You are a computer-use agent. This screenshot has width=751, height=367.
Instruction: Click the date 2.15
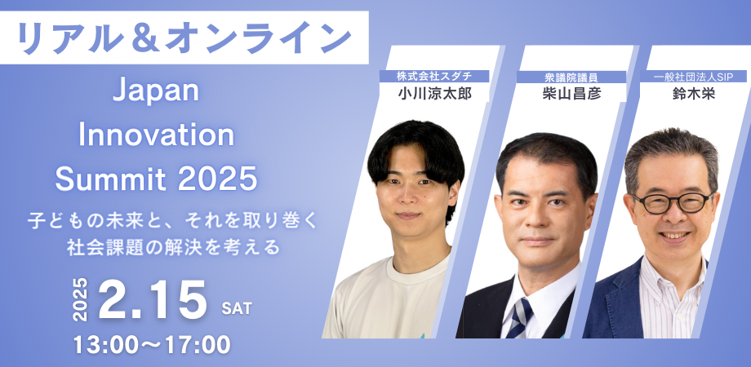coord(153,301)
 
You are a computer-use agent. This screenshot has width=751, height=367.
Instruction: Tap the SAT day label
coord(237,309)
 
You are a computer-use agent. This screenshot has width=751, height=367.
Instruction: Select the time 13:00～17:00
coord(152,344)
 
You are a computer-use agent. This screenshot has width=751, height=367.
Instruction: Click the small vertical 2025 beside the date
coord(81,299)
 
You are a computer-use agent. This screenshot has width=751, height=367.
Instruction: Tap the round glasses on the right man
coord(671,202)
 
